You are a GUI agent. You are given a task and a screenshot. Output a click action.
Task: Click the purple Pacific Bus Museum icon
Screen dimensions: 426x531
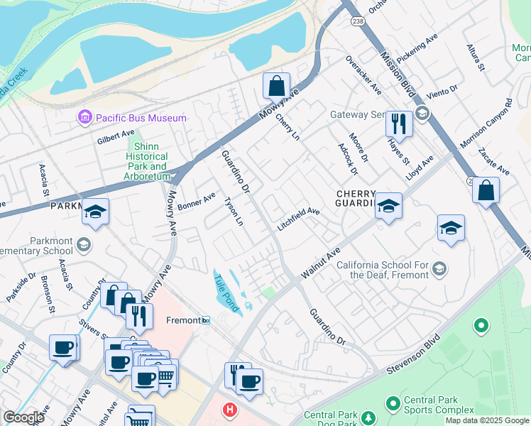85,117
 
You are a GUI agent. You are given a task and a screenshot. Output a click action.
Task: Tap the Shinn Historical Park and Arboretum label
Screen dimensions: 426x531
148,161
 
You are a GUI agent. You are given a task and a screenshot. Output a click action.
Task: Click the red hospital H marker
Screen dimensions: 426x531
229,410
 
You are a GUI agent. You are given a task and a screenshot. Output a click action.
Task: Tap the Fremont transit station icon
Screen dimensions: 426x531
206,321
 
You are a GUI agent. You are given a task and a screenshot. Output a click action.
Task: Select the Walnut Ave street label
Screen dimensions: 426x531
322,263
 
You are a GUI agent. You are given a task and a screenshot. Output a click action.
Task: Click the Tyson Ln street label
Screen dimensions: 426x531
234,212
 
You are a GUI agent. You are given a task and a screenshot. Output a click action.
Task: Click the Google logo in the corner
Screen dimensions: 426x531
23,417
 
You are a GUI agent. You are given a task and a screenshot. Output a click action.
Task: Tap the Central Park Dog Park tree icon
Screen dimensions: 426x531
368,416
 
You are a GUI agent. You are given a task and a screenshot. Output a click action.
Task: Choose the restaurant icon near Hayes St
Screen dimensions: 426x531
399,124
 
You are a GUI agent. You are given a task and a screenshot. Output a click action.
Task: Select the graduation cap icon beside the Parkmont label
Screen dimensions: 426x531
95,212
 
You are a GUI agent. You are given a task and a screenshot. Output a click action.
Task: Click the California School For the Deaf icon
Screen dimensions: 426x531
439,268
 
